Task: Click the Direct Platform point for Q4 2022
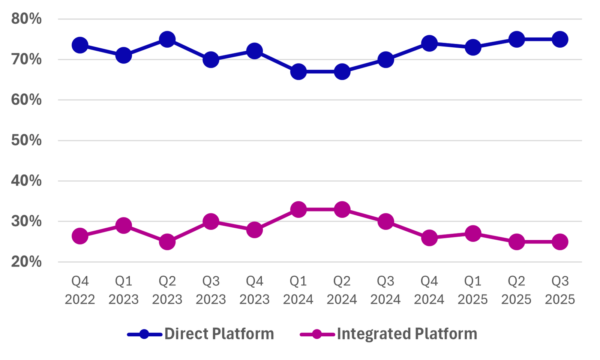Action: pos(80,45)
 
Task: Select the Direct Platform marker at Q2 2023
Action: pos(167,39)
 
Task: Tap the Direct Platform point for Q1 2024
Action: pos(298,72)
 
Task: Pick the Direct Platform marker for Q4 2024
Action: pos(429,43)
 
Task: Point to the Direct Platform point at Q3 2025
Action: pos(560,39)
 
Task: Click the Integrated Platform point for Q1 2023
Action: pos(123,225)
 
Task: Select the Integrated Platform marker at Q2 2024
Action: pos(342,209)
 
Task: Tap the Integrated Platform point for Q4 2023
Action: pos(255,229)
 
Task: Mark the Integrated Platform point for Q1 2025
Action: pos(473,233)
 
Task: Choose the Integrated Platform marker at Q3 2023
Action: pos(211,222)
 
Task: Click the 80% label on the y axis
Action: pos(27,19)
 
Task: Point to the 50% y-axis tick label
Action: pos(27,140)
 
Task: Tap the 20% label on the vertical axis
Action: pos(27,262)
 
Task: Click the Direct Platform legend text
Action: pos(219,334)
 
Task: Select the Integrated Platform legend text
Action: pos(407,334)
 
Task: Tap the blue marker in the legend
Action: pos(144,334)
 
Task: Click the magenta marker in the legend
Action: pos(317,334)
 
